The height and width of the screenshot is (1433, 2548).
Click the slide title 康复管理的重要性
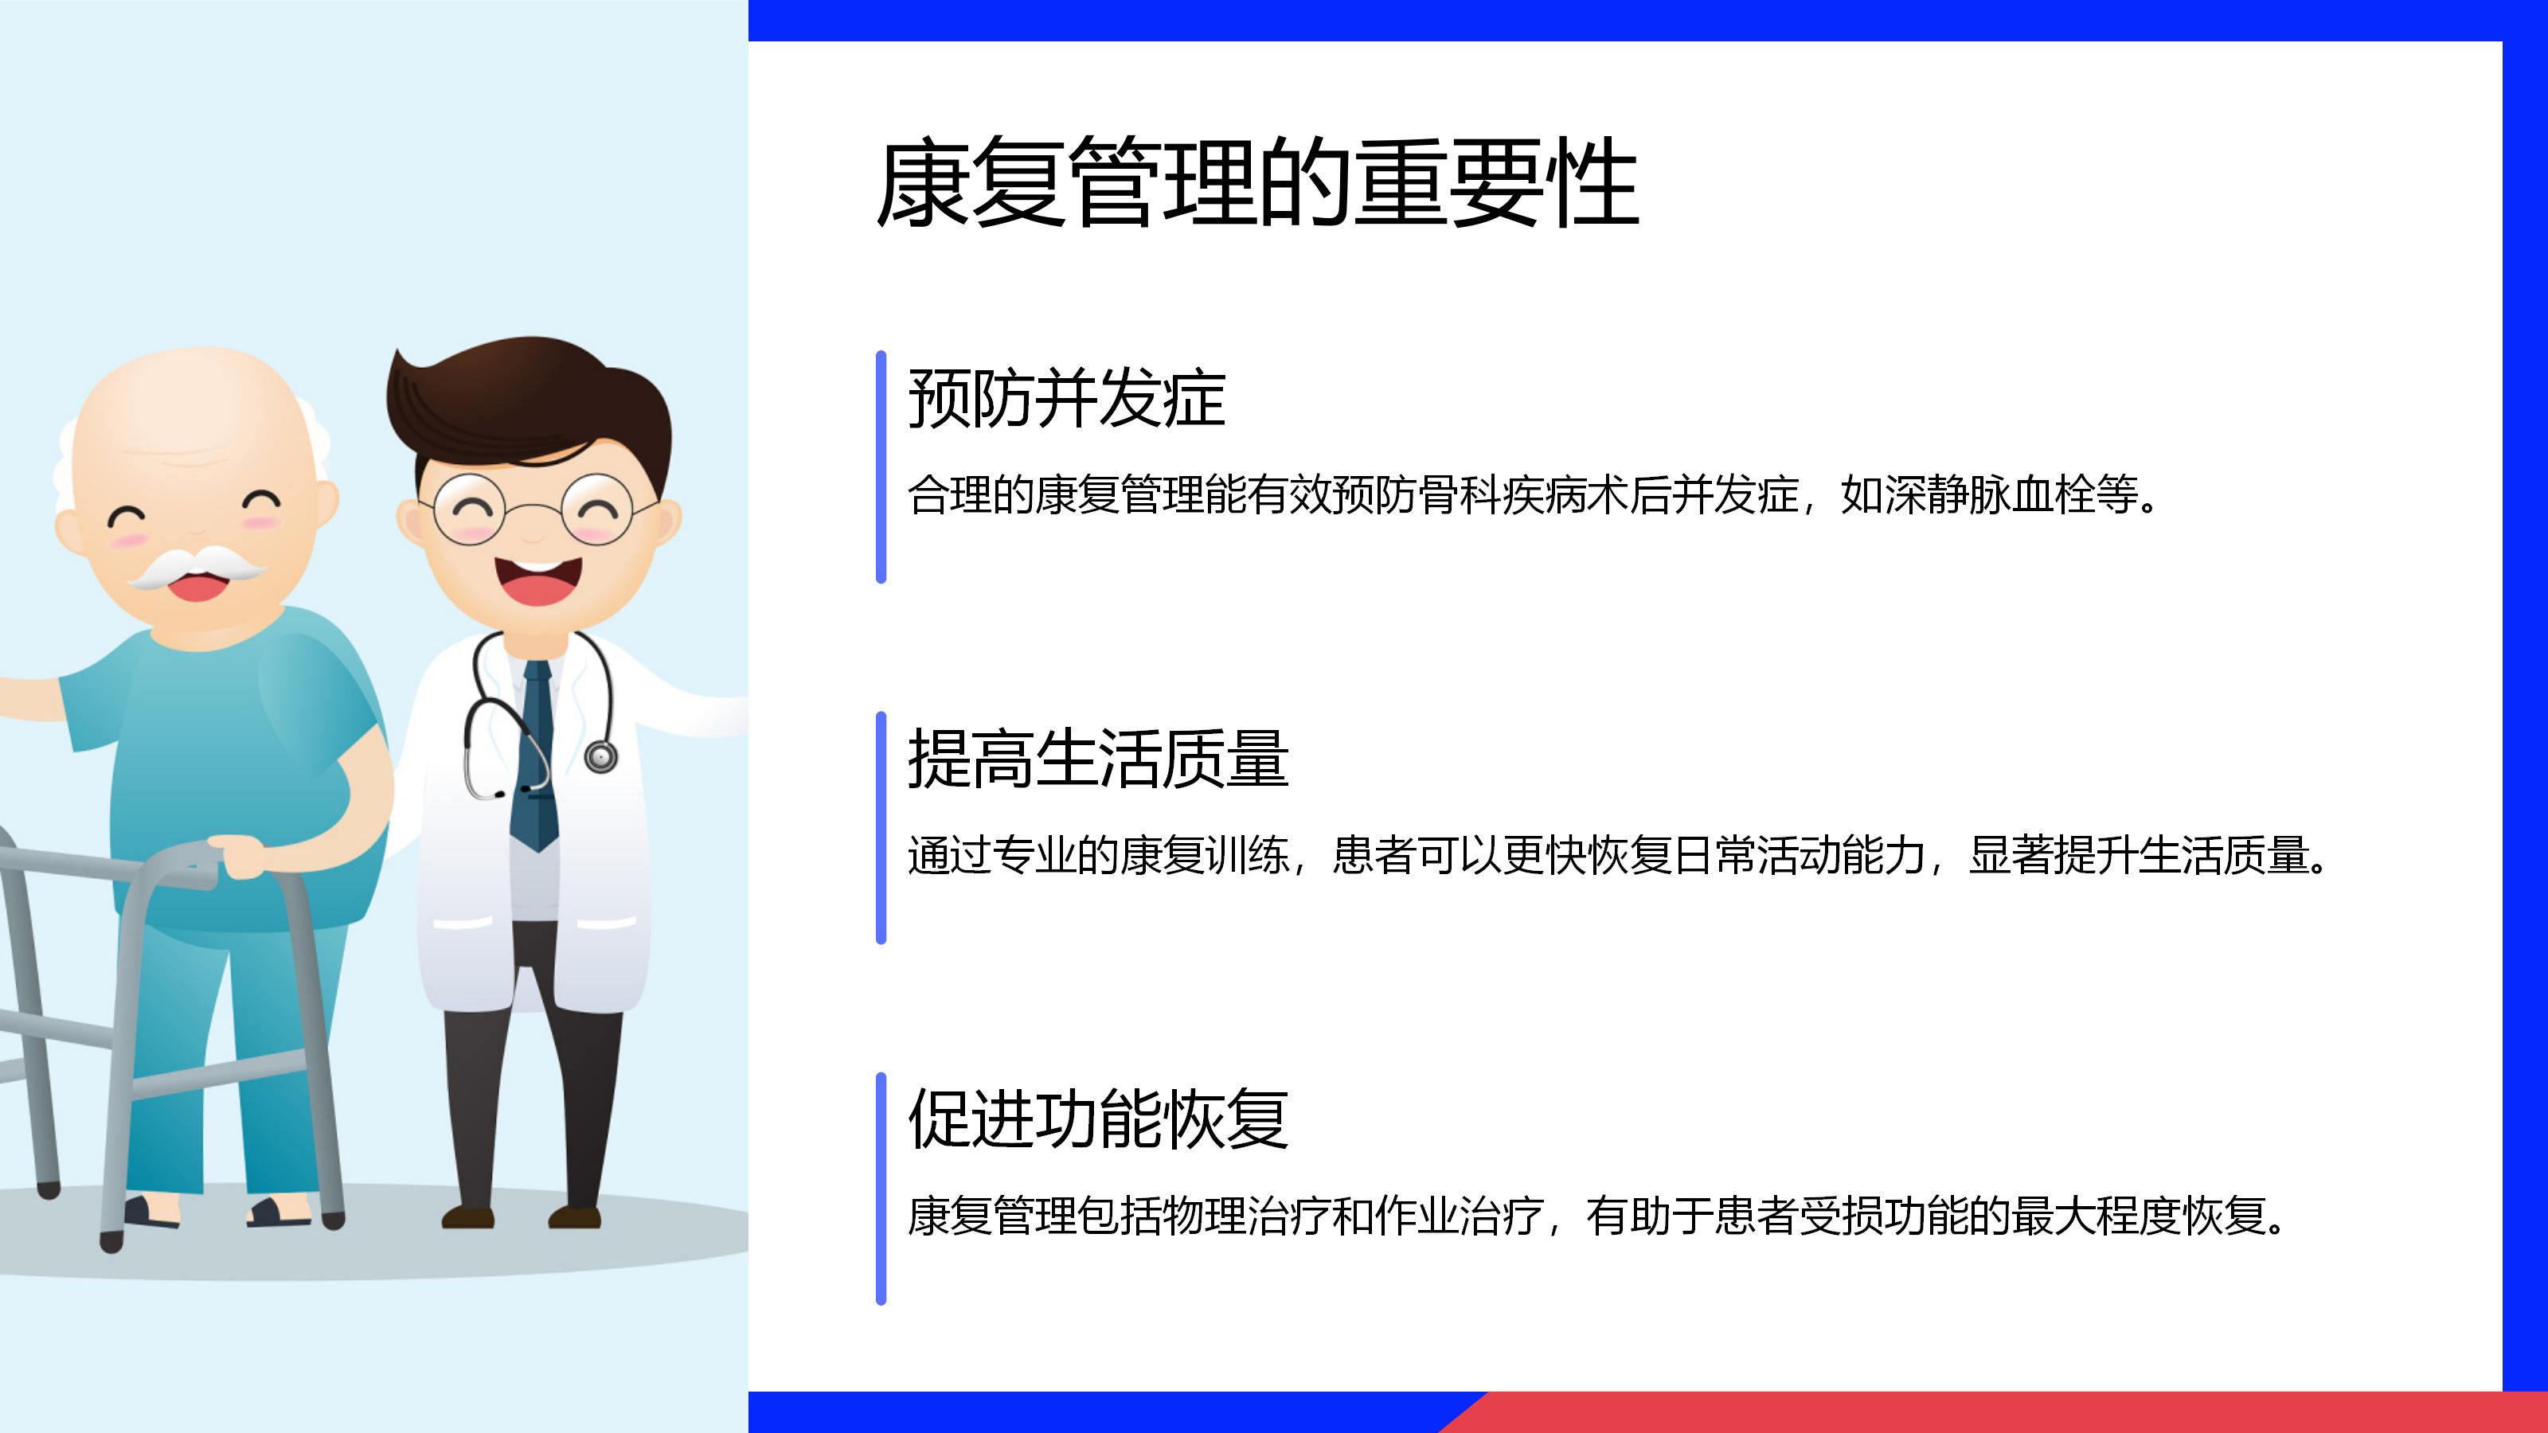click(x=1257, y=183)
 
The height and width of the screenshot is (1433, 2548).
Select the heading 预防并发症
click(x=1066, y=399)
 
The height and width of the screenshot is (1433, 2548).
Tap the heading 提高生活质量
click(x=1098, y=759)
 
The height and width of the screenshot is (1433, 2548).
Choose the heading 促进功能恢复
click(x=1098, y=1119)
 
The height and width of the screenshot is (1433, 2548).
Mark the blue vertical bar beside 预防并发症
click(x=881, y=467)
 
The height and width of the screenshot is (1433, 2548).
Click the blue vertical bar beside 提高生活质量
click(x=881, y=828)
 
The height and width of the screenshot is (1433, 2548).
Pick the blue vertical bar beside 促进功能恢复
click(x=881, y=1189)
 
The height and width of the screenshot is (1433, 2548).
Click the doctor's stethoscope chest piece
click(x=600, y=756)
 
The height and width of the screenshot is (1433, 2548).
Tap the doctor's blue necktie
click(x=535, y=756)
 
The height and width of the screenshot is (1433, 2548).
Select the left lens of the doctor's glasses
click(x=470, y=510)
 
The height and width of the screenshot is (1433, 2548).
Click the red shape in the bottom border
click(x=1993, y=1412)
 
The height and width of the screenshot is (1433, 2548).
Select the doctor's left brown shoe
click(x=468, y=1216)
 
